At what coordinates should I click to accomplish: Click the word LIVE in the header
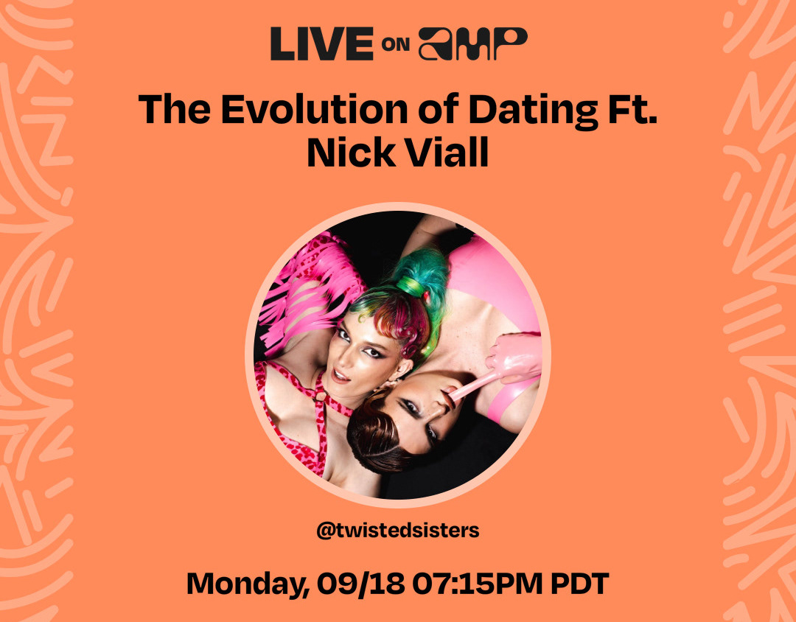[x=322, y=44]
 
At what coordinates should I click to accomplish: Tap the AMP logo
[x=472, y=44]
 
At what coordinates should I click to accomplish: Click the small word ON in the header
[x=396, y=45]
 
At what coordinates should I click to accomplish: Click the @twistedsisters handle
[x=397, y=531]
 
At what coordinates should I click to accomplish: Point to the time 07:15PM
[x=477, y=584]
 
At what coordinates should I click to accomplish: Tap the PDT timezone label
[x=579, y=584]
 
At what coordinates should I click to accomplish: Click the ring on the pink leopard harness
[x=321, y=396]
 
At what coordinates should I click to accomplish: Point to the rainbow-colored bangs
[x=396, y=315]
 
